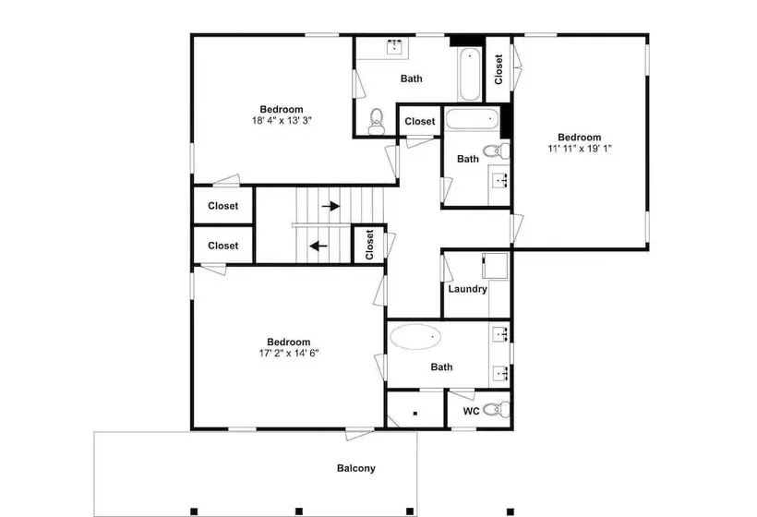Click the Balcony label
click(x=355, y=468)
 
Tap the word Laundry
click(x=467, y=289)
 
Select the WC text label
click(x=471, y=411)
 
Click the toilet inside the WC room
click(x=496, y=410)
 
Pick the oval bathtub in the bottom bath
click(x=415, y=336)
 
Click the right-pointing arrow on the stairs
click(x=330, y=206)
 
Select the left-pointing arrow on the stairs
click(x=318, y=246)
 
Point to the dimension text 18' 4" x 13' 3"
click(x=282, y=120)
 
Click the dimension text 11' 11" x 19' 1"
click(x=580, y=149)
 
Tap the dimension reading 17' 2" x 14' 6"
click(x=289, y=353)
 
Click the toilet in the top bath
click(x=376, y=121)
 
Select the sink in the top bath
click(x=395, y=47)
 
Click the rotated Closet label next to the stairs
click(x=370, y=245)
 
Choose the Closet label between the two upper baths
click(x=419, y=121)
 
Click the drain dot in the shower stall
click(x=415, y=414)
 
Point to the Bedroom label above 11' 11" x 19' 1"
click(x=580, y=137)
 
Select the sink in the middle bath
click(x=499, y=181)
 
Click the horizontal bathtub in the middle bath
click(x=471, y=118)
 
